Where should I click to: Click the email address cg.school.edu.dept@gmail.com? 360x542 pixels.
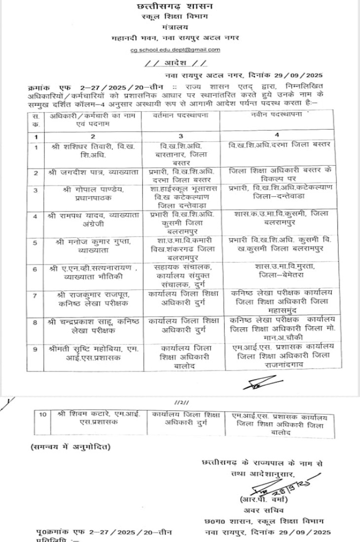click(175, 50)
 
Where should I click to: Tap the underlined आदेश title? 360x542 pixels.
click(175, 64)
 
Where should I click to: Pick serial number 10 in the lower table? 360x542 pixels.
click(42, 414)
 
